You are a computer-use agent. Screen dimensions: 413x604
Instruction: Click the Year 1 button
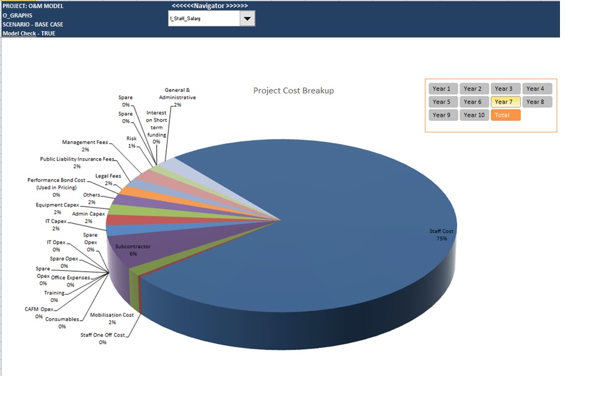(443, 89)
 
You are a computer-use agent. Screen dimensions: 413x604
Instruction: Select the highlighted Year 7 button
(505, 102)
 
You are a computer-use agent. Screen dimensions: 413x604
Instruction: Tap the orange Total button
(505, 115)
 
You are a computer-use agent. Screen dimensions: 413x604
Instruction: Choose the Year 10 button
(474, 115)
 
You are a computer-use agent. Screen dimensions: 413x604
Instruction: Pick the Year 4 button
(537, 89)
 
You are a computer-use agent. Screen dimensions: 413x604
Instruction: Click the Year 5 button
(443, 102)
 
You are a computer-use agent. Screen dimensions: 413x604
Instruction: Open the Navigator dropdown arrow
(247, 19)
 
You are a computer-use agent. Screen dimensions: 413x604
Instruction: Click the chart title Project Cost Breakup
(293, 91)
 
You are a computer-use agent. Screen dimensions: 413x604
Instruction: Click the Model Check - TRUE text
(29, 33)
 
